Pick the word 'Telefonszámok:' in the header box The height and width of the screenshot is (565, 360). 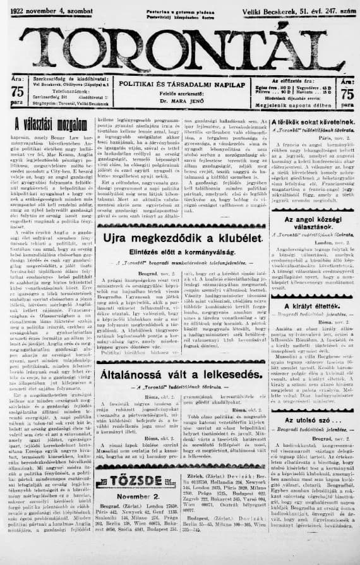[63, 91]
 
